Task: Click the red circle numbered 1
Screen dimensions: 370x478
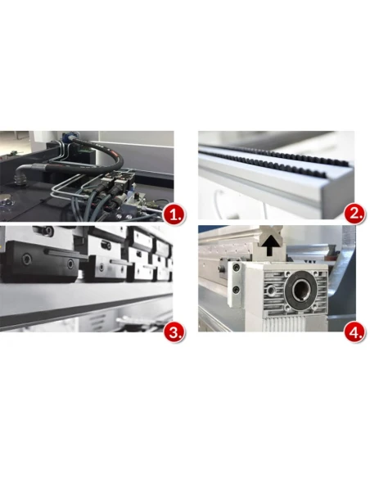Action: click(x=174, y=215)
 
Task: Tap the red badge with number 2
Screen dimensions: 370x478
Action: click(x=354, y=214)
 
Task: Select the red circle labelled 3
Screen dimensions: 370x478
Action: click(x=174, y=332)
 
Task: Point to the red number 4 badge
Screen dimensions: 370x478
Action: click(x=354, y=332)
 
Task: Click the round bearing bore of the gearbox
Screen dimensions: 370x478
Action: click(x=301, y=288)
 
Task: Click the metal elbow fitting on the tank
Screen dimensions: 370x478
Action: click(x=21, y=173)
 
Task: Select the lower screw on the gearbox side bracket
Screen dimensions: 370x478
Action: click(x=236, y=289)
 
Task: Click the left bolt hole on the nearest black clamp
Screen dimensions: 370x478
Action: click(x=26, y=259)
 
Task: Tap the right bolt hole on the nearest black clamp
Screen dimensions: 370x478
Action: click(x=70, y=264)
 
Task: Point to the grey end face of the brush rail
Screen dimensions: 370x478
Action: click(x=338, y=194)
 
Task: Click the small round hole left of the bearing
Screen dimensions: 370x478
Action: click(x=271, y=291)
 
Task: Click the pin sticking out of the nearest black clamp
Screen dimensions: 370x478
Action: click(x=65, y=254)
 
